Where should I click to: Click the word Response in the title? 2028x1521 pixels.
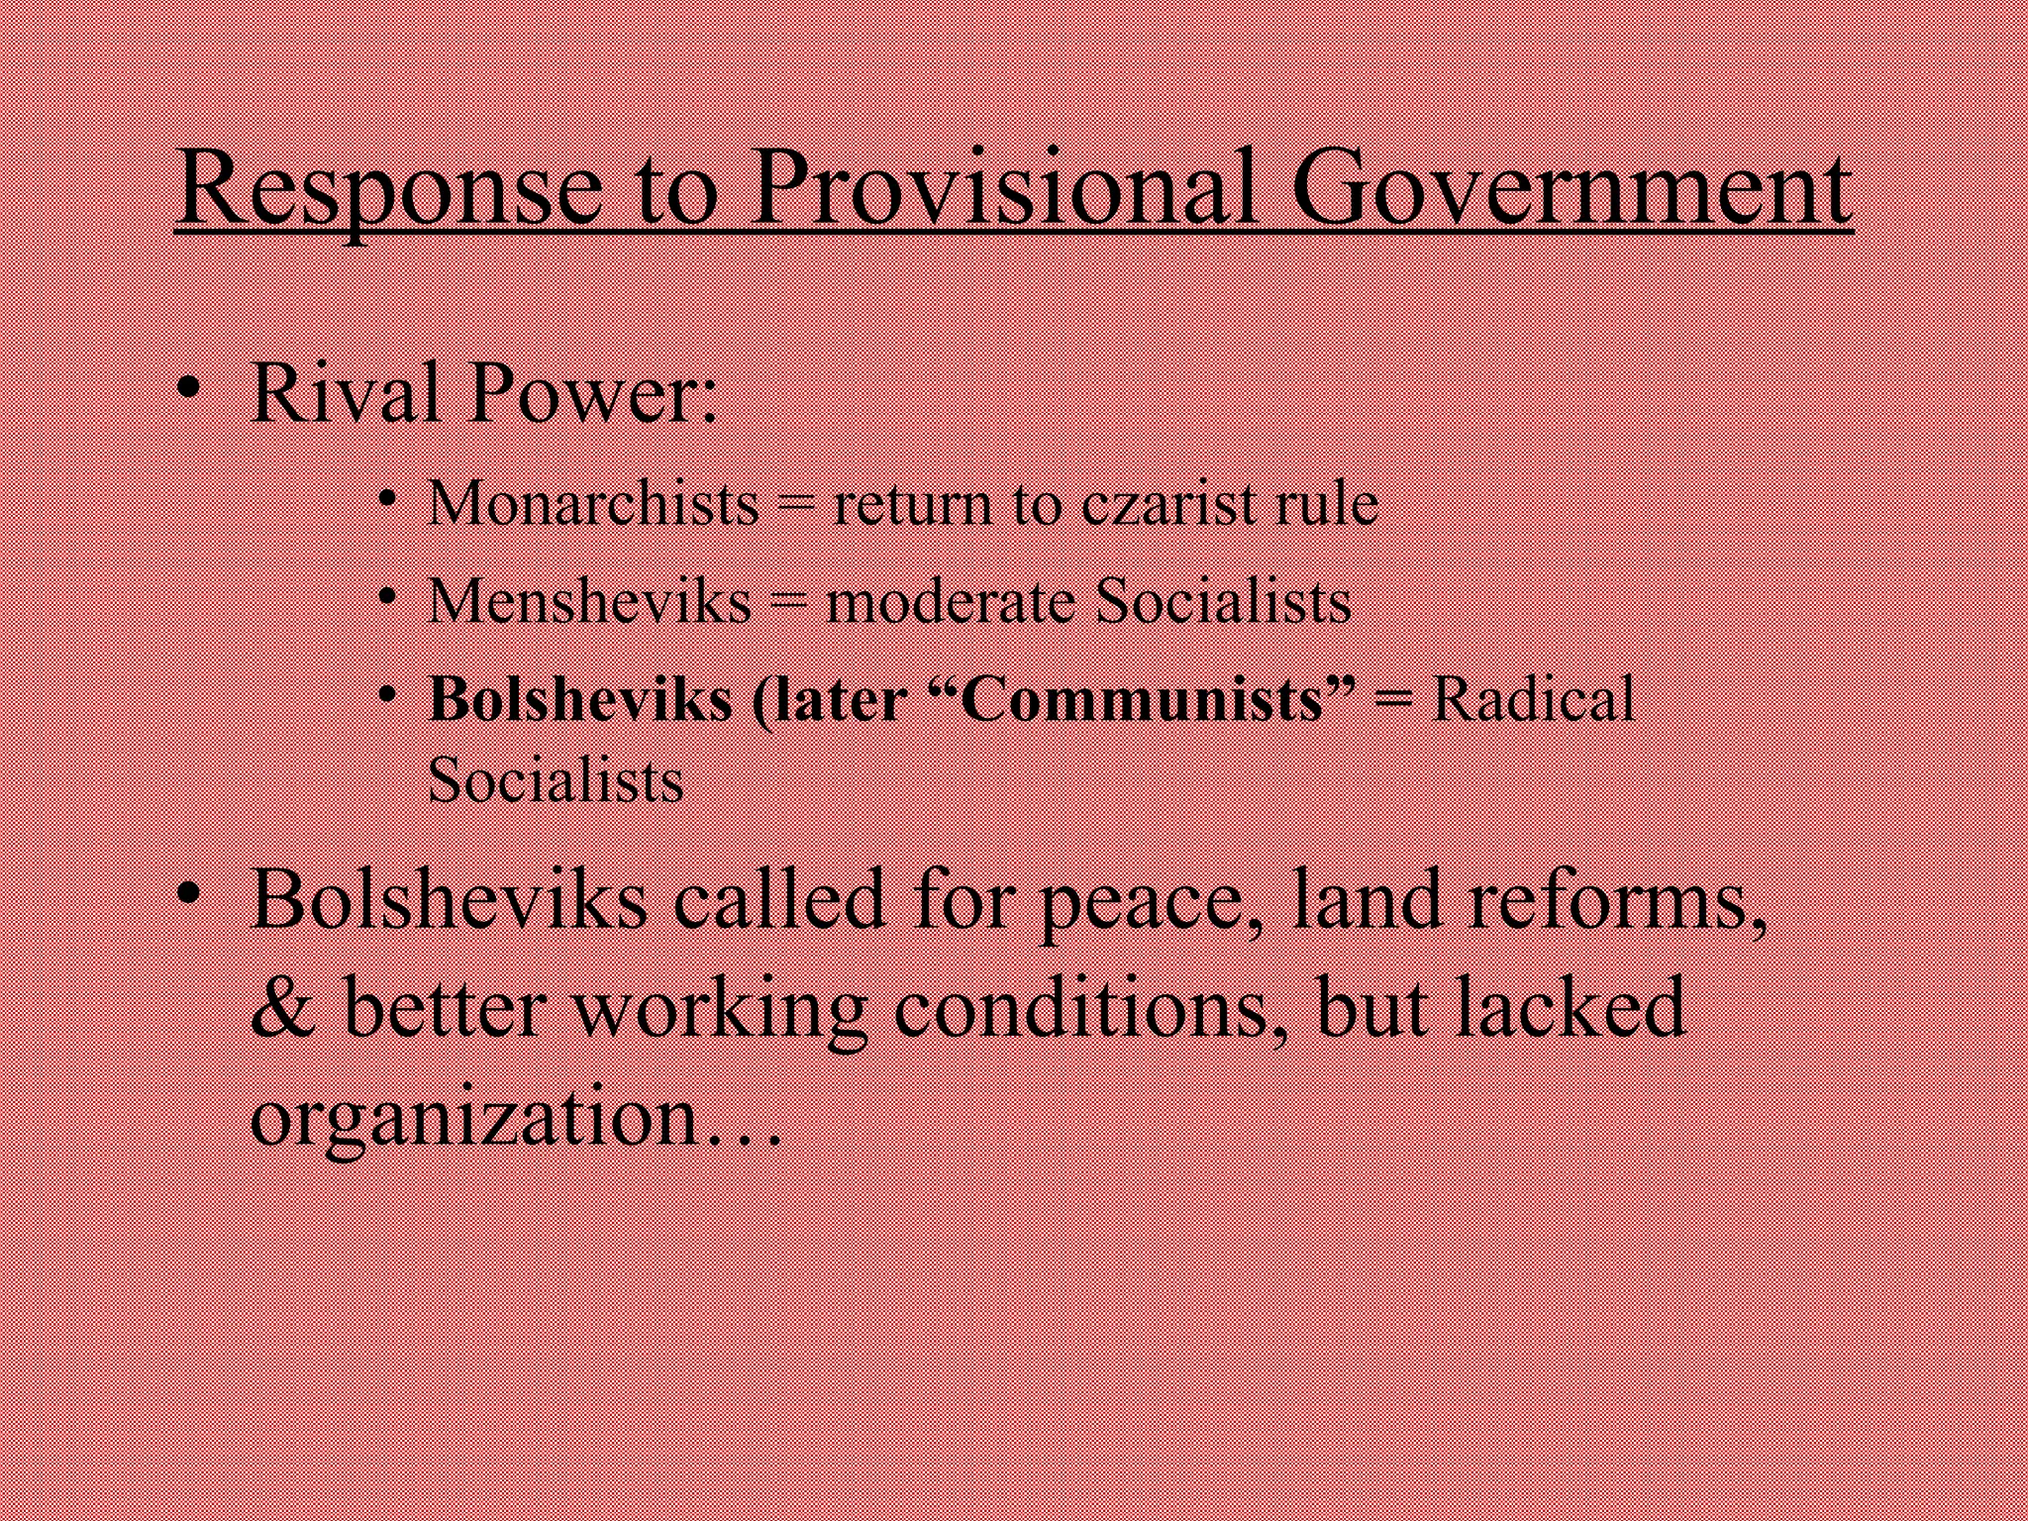389,190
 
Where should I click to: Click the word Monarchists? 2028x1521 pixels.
593,504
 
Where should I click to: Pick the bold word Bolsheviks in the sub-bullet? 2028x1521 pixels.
580,699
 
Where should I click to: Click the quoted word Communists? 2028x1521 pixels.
1144,699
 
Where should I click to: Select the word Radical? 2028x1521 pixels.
1533,699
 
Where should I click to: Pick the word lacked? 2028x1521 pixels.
1570,1008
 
